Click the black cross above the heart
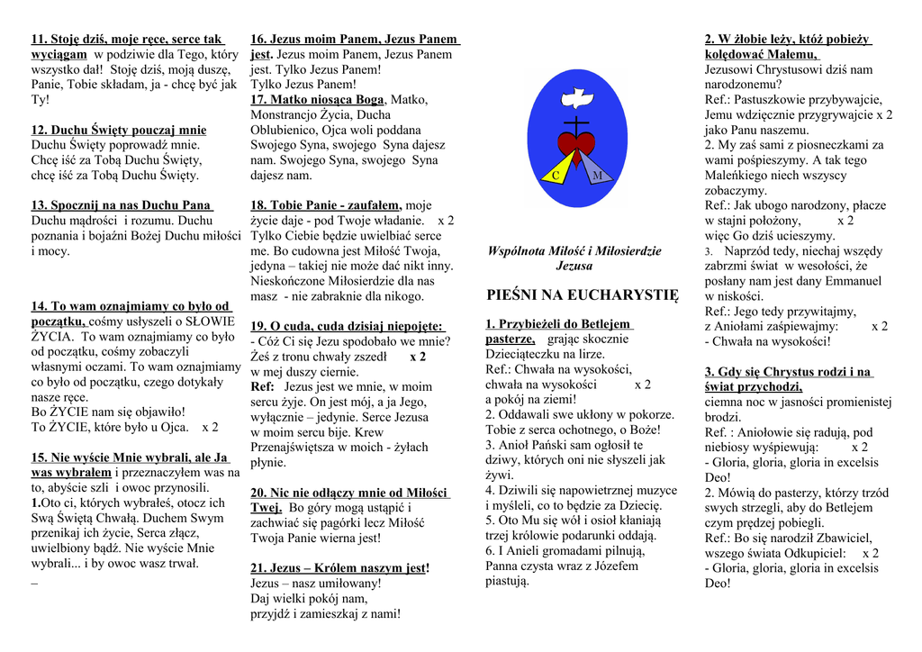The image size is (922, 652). coord(576,122)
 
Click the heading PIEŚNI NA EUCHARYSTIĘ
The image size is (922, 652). coord(582,294)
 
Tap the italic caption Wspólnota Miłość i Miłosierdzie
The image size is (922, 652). coord(574,251)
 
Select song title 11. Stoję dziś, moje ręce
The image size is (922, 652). coord(127,40)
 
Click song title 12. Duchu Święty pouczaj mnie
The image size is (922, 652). coord(119,130)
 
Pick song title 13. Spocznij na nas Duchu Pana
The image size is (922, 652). coord(122,205)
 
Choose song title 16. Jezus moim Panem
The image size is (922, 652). coord(355,40)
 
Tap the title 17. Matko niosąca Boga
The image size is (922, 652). coord(317,100)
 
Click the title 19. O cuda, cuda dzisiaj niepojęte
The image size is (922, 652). coord(347,326)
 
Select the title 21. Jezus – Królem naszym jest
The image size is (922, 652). coord(339,568)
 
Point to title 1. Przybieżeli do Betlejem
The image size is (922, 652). coord(557,324)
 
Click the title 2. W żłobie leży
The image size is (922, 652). coord(788,40)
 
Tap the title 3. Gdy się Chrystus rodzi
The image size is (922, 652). coord(788,372)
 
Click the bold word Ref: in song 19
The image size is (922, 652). coord(262,386)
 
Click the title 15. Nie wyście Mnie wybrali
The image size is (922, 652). coord(130,457)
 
